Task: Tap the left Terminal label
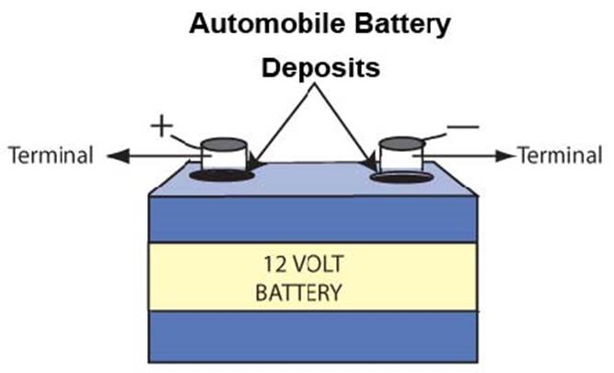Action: pyautogui.click(x=51, y=156)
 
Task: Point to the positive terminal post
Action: pyautogui.click(x=225, y=158)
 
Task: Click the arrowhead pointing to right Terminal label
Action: pyautogui.click(x=506, y=156)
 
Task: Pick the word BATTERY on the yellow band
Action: pyautogui.click(x=297, y=296)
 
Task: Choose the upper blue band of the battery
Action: pyautogui.click(x=312, y=219)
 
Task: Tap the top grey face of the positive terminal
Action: pyautogui.click(x=225, y=144)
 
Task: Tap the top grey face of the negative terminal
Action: pyautogui.click(x=400, y=144)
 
